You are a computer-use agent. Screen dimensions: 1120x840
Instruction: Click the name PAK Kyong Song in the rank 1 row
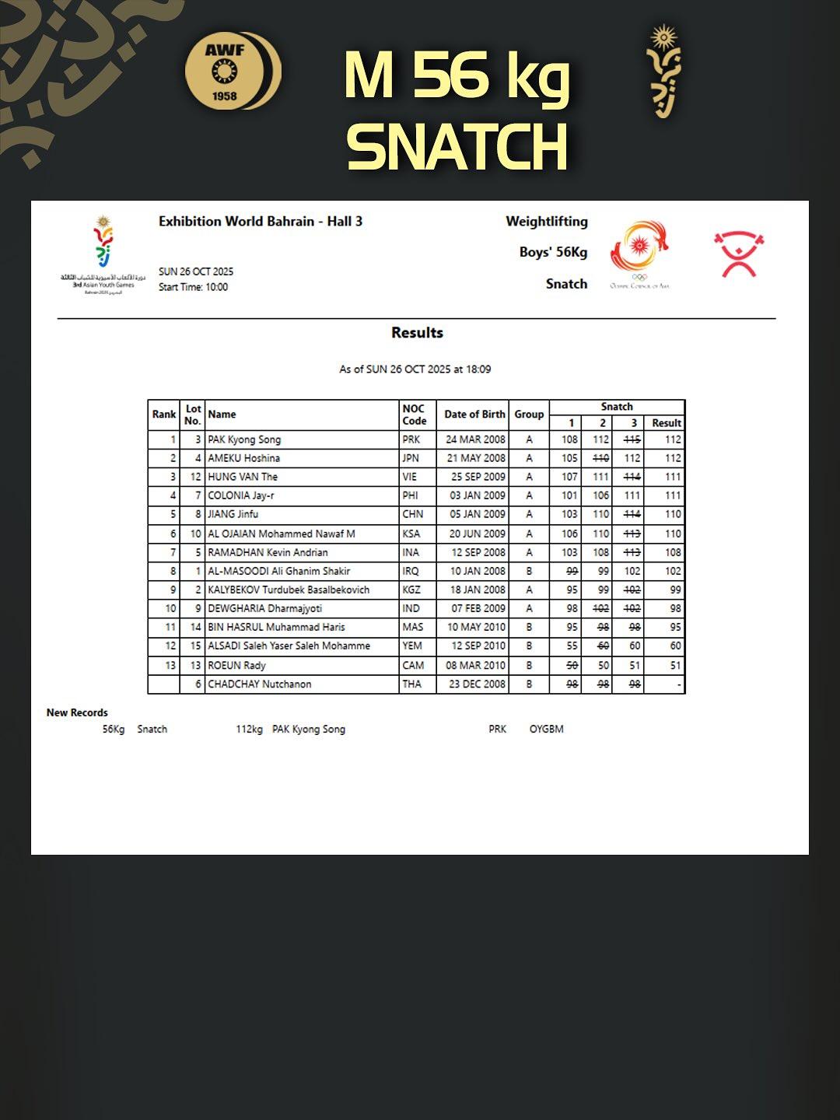244,439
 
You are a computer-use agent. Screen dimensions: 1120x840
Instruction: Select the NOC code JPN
411,458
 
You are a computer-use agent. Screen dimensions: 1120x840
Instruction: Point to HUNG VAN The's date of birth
478,477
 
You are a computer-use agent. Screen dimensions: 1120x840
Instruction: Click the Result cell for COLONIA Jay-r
673,495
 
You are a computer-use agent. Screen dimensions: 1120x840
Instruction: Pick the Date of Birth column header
474,415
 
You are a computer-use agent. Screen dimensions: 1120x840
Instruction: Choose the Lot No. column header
193,415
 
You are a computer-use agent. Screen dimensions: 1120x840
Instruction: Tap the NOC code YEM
412,646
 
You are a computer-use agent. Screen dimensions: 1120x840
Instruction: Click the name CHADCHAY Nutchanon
259,684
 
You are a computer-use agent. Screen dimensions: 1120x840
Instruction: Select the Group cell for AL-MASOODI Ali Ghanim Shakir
529,571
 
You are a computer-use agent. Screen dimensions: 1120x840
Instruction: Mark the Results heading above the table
417,333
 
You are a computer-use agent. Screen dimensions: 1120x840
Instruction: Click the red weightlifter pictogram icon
739,254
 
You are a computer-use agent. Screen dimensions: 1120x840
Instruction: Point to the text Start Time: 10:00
193,287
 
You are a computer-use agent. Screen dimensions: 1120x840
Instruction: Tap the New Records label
77,712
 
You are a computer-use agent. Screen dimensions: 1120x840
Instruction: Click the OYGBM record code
546,730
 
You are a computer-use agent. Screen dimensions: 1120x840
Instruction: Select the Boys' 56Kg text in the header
553,252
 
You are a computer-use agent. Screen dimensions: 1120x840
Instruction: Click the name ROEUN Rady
236,666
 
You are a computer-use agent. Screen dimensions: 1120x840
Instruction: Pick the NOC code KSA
411,534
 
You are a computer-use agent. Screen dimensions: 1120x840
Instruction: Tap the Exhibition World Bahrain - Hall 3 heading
261,222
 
